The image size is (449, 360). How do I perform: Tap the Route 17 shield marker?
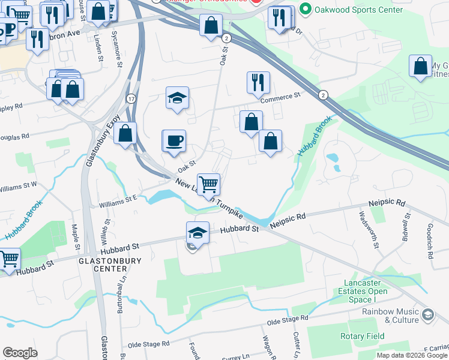[130, 98]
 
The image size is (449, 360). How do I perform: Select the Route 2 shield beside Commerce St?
[323, 95]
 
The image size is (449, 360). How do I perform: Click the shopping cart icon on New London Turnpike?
[208, 184]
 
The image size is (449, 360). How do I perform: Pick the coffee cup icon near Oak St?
[174, 141]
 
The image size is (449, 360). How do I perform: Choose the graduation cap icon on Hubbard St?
[197, 232]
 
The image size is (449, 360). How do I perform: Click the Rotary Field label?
[362, 336]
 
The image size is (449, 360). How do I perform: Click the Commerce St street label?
[280, 97]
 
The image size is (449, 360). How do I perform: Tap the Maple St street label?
[76, 237]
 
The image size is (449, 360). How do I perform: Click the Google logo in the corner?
[20, 353]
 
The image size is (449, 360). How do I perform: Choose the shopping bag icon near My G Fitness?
[420, 67]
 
